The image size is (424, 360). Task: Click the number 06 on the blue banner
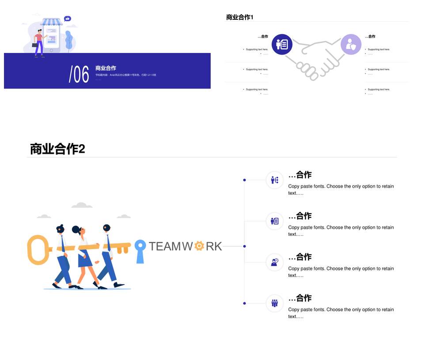(79, 74)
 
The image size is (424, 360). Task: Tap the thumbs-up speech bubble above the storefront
(67, 19)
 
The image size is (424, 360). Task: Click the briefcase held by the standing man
(35, 45)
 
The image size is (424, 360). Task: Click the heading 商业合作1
(239, 17)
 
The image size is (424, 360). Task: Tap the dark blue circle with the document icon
(282, 45)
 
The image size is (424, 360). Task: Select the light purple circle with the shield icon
(351, 45)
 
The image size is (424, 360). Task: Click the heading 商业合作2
(57, 149)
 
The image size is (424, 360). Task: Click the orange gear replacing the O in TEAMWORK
(199, 246)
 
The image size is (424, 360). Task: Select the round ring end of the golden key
(37, 250)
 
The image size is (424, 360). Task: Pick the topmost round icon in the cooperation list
(274, 180)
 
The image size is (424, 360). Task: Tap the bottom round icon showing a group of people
(274, 303)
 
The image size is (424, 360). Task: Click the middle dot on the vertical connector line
(244, 246)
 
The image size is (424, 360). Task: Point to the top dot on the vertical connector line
(244, 180)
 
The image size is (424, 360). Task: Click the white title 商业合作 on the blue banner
(106, 68)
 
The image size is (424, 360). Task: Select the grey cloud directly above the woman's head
(82, 205)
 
